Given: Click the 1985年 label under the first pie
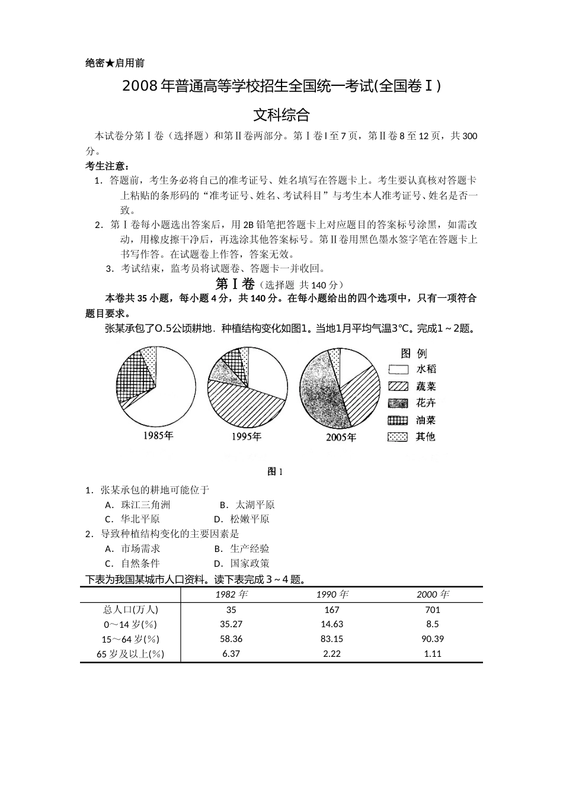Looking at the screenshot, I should click(158, 436).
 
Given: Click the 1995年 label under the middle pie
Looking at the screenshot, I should click(246, 436).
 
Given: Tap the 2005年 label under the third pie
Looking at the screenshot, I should click(341, 437).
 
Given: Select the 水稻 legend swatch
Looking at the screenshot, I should click(398, 370).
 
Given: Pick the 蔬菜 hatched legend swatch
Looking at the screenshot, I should click(398, 386).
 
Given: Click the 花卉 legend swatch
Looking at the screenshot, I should click(398, 403).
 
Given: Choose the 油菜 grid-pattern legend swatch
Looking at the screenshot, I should click(398, 421).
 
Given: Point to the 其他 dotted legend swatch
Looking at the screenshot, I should click(398, 437).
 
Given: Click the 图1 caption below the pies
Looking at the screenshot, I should click(276, 471).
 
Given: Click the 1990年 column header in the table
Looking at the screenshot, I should click(332, 595).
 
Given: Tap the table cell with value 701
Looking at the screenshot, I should click(433, 609).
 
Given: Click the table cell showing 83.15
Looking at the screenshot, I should click(332, 639).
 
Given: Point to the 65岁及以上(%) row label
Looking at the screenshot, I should click(130, 654).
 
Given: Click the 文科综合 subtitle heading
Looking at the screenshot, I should click(281, 114).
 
